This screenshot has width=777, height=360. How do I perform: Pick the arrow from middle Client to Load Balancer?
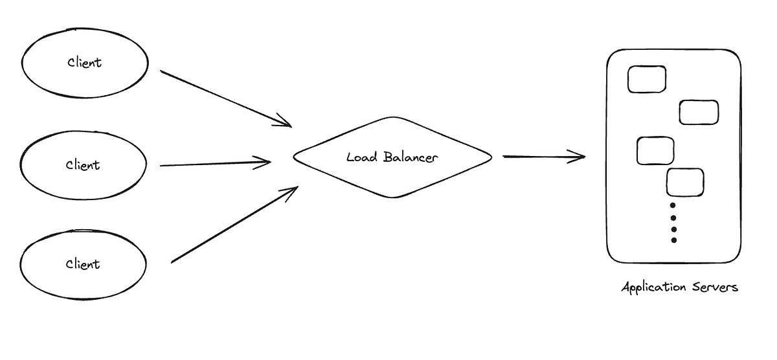214,164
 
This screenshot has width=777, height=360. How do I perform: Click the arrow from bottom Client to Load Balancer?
233,225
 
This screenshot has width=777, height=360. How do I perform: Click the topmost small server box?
647,79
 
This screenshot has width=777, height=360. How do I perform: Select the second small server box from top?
699,112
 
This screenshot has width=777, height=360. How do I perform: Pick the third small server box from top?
655,150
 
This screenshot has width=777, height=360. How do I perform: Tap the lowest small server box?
685,182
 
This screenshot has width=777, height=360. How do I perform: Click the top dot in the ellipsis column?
673,206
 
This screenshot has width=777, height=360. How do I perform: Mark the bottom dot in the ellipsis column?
673,240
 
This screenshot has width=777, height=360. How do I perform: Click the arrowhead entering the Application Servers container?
578,156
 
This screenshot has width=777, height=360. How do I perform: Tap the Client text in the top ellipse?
85,63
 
